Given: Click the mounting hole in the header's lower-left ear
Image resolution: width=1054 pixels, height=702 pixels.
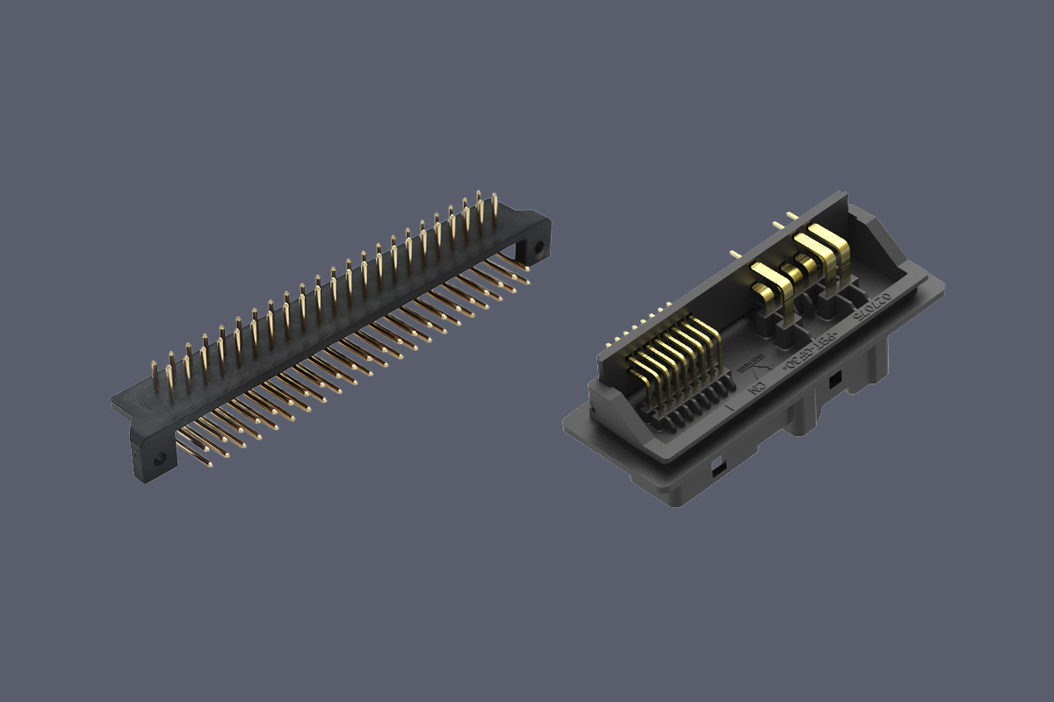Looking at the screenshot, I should pyautogui.click(x=159, y=459).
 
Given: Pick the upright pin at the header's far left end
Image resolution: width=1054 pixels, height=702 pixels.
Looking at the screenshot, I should pyautogui.click(x=155, y=377).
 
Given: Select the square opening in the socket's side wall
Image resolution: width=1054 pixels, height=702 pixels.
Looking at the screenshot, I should pyautogui.click(x=834, y=381).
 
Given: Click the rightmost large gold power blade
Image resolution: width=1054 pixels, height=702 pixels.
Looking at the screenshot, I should pyautogui.click(x=829, y=249).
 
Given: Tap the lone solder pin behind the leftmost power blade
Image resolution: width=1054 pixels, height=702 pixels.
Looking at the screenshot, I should pyautogui.click(x=735, y=255).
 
